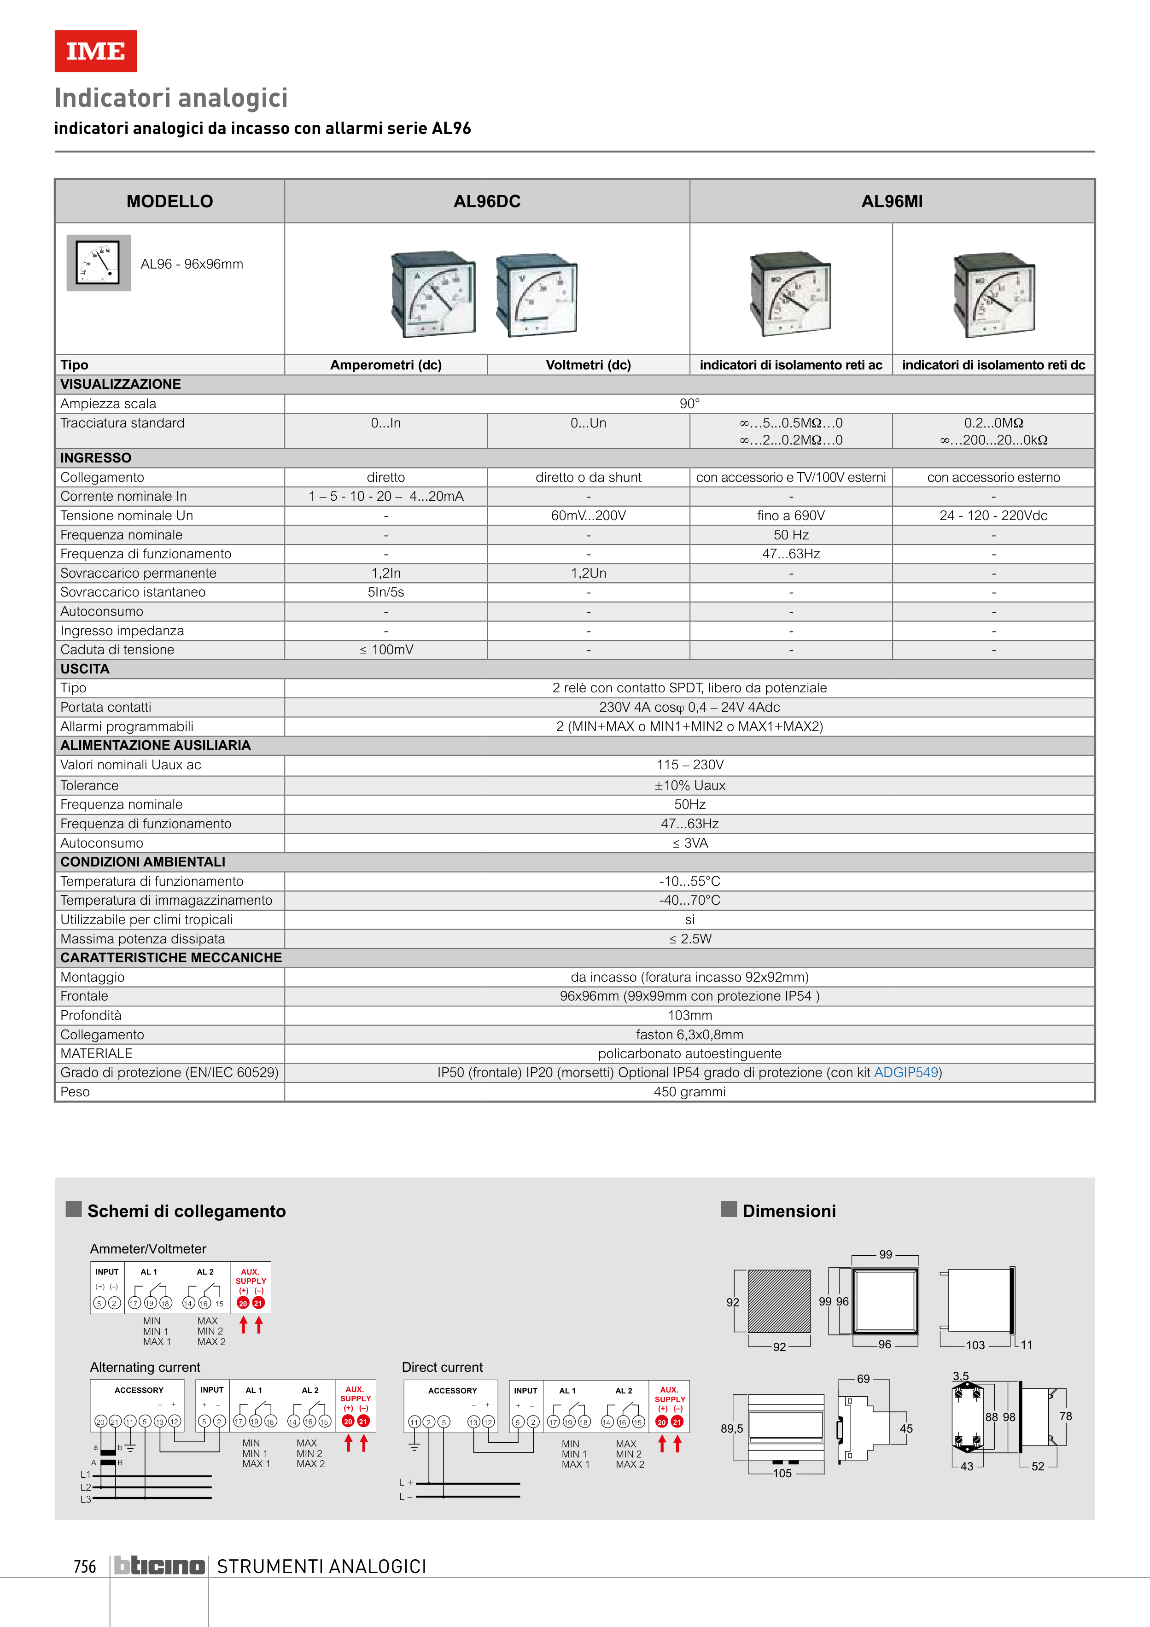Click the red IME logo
click(x=96, y=51)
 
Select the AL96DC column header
click(x=487, y=201)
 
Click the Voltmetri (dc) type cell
click(x=588, y=365)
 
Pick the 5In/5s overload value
click(x=385, y=592)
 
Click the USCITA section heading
click(x=85, y=669)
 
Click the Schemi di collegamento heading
click(x=187, y=1211)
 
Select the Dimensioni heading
click(x=788, y=1211)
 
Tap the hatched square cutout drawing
click(x=779, y=1301)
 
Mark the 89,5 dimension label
click(x=731, y=1428)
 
